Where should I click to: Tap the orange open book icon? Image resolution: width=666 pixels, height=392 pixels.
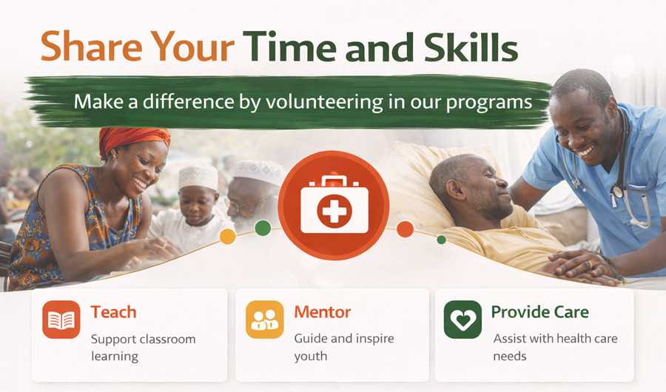point(61,320)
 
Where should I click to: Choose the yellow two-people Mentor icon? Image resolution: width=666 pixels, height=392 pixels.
point(264,320)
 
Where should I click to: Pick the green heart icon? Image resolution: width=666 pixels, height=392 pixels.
point(462,320)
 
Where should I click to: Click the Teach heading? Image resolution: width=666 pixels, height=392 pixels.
point(113,311)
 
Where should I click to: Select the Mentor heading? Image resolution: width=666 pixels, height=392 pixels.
point(322,311)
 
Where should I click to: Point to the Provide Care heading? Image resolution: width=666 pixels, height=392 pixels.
point(539,311)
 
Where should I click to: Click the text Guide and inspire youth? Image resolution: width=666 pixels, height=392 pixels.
point(343,347)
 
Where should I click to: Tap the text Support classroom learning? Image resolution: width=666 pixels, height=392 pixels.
point(143,347)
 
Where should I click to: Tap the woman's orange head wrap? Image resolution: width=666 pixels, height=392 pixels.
point(132,138)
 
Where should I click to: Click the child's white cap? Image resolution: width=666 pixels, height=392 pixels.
point(198,176)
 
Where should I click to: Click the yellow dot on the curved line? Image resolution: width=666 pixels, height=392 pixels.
point(228,237)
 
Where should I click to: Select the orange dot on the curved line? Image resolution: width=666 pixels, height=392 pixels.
point(405,229)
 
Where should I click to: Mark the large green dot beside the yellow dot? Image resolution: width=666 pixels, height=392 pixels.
point(263,228)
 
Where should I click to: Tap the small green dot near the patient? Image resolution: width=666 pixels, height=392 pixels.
point(441,240)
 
